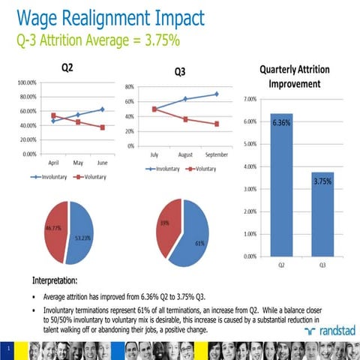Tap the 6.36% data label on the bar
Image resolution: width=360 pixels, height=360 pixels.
282,121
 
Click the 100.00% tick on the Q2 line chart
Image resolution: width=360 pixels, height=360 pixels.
27,82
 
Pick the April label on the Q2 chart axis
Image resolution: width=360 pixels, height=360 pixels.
54,161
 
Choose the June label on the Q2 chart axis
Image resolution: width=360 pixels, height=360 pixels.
102,161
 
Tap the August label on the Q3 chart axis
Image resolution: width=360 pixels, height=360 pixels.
185,154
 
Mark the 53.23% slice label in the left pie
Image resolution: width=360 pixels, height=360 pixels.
83,238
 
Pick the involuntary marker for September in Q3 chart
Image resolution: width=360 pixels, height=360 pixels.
216,94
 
